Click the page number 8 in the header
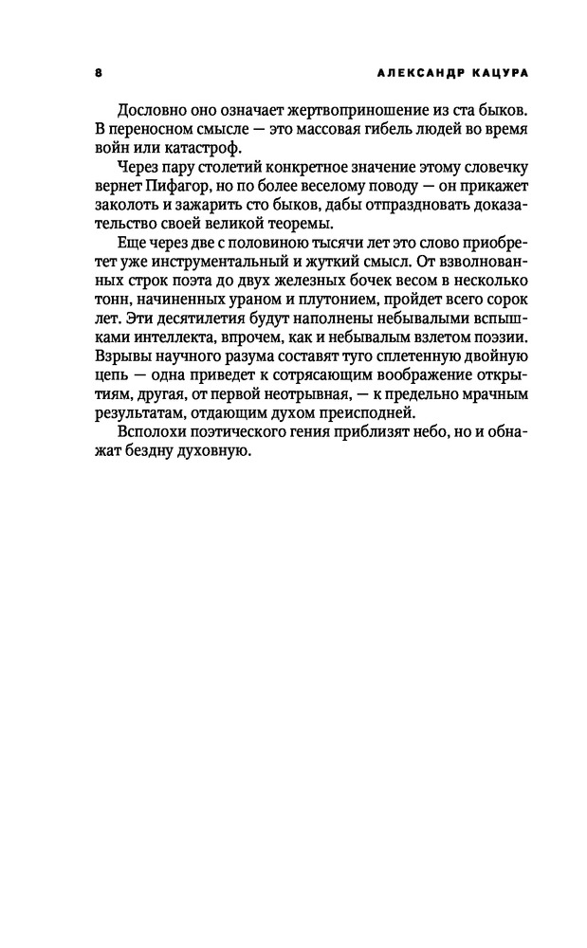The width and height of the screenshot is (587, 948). [99, 71]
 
